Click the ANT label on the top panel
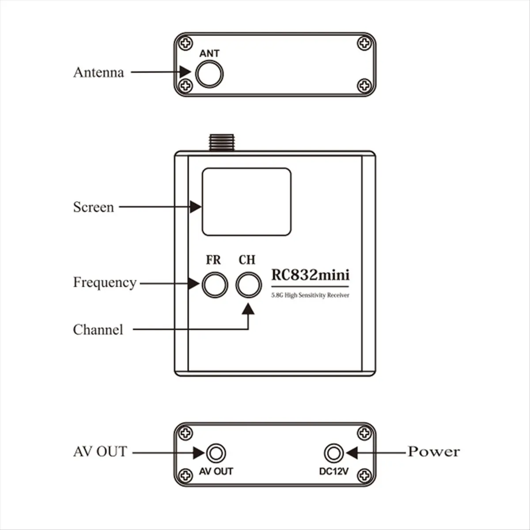coord(209,53)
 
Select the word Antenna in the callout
coord(98,72)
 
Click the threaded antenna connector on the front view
coord(222,143)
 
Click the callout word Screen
coord(94,207)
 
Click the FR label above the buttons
coord(213,260)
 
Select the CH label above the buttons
coord(247,260)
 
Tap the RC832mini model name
coord(310,275)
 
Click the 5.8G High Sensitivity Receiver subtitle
coord(310,295)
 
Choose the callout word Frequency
coord(105,283)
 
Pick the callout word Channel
coord(98,329)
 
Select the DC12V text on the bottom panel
coord(334,471)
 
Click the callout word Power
coord(434,452)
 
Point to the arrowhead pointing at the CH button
coord(248,308)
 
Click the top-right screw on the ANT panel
coord(364,43)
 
